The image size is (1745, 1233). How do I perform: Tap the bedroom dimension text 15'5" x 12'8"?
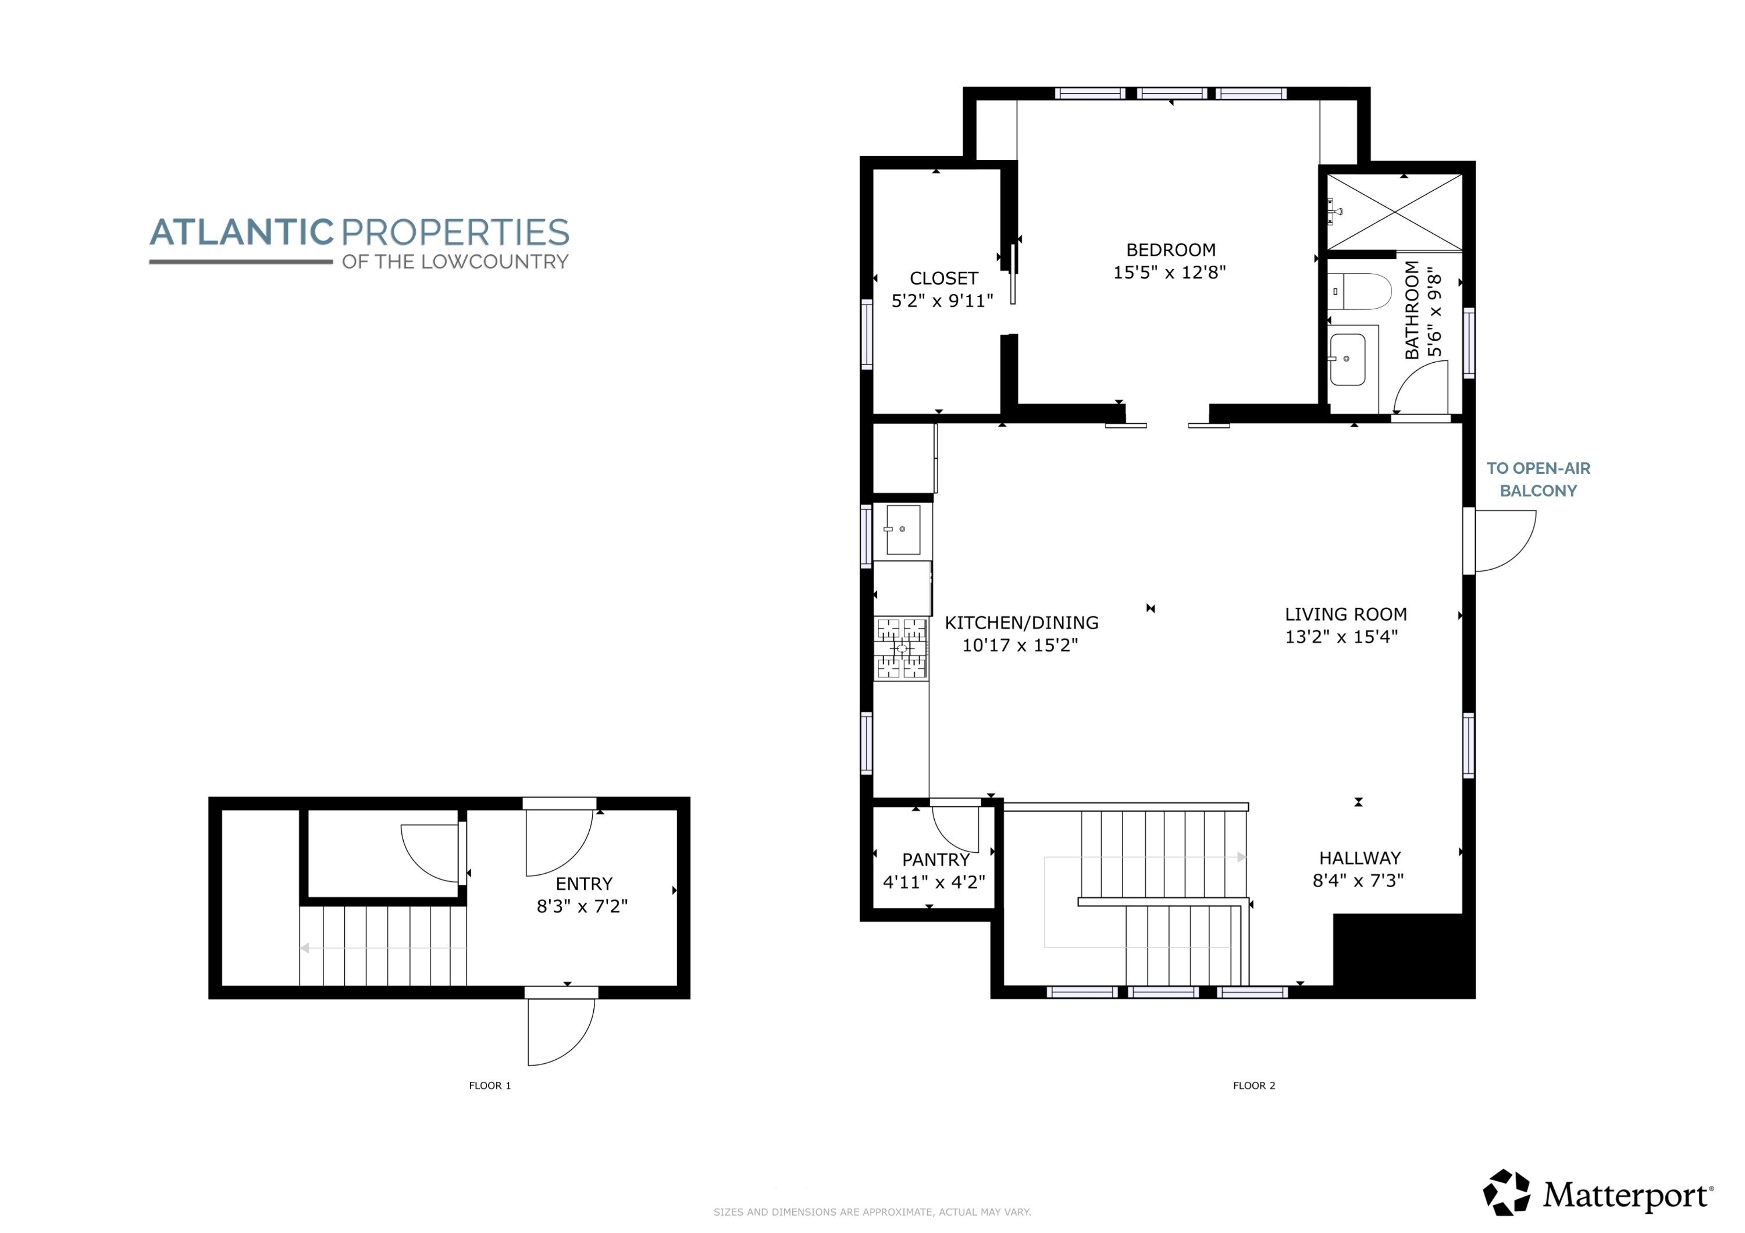(1170, 272)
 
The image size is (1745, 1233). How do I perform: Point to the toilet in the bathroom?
(1360, 291)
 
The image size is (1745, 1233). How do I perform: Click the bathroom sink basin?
(1348, 359)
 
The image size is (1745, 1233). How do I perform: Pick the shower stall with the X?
(1395, 212)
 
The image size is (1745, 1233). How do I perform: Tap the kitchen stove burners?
(902, 648)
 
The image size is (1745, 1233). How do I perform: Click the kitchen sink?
(902, 529)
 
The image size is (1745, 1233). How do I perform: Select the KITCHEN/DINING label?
(1021, 623)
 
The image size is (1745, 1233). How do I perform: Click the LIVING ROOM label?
(1346, 614)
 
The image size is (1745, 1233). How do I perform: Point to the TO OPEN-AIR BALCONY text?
(1539, 480)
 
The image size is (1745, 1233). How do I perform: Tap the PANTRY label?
(935, 859)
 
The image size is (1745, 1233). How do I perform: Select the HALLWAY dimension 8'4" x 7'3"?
(1358, 881)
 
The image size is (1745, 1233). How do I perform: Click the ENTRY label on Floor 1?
(583, 884)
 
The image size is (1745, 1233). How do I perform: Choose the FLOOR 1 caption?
(489, 1085)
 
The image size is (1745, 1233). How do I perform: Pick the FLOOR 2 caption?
(1254, 1085)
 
